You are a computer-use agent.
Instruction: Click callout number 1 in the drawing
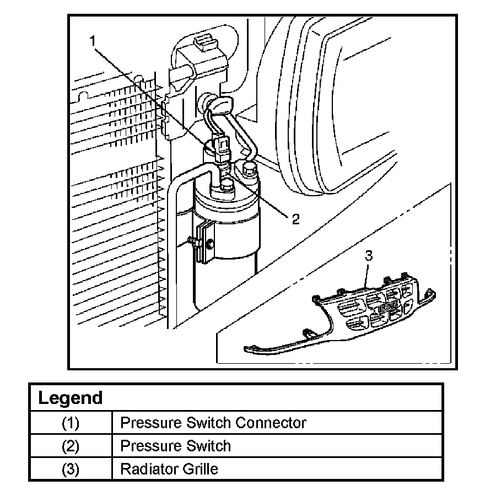(94, 40)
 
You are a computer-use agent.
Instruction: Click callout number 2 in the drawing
(295, 219)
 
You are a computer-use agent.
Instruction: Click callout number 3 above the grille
(369, 256)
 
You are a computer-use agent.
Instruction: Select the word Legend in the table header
(70, 398)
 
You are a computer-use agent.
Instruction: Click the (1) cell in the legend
(71, 423)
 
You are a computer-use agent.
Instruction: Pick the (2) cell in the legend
(71, 446)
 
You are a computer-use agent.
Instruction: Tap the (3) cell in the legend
(71, 469)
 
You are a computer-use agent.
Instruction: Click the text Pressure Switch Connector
(213, 423)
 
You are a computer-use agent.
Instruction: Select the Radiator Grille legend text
(169, 469)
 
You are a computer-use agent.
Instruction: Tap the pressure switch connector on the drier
(223, 148)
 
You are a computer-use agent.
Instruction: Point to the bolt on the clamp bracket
(191, 240)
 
